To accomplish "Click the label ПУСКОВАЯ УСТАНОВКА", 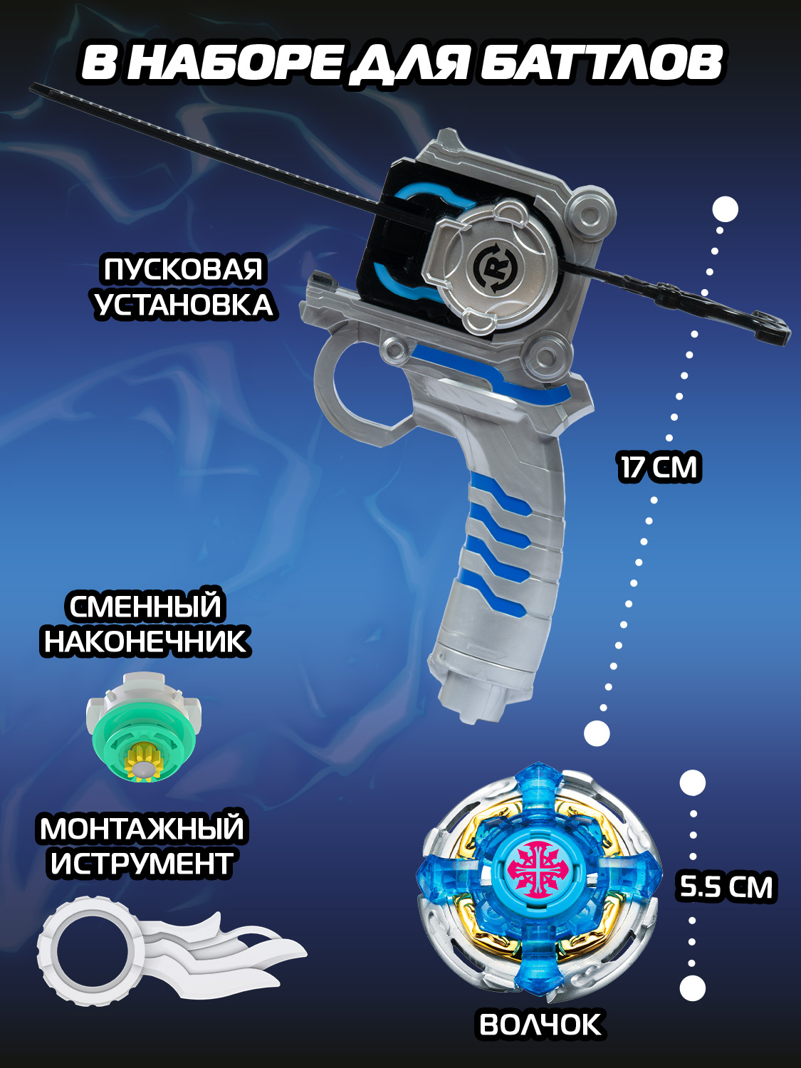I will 184,288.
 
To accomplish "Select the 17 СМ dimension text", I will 659,468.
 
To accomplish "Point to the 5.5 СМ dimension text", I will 726,887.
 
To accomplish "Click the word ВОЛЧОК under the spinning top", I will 540,1025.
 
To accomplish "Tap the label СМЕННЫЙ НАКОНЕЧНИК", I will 146,624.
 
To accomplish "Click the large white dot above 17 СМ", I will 725,209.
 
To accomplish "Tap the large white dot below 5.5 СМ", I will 691,988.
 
